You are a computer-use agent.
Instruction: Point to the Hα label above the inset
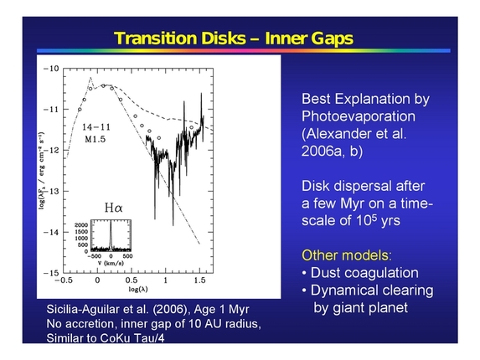(x=113, y=207)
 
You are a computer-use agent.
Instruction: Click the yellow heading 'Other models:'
(x=338, y=255)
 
